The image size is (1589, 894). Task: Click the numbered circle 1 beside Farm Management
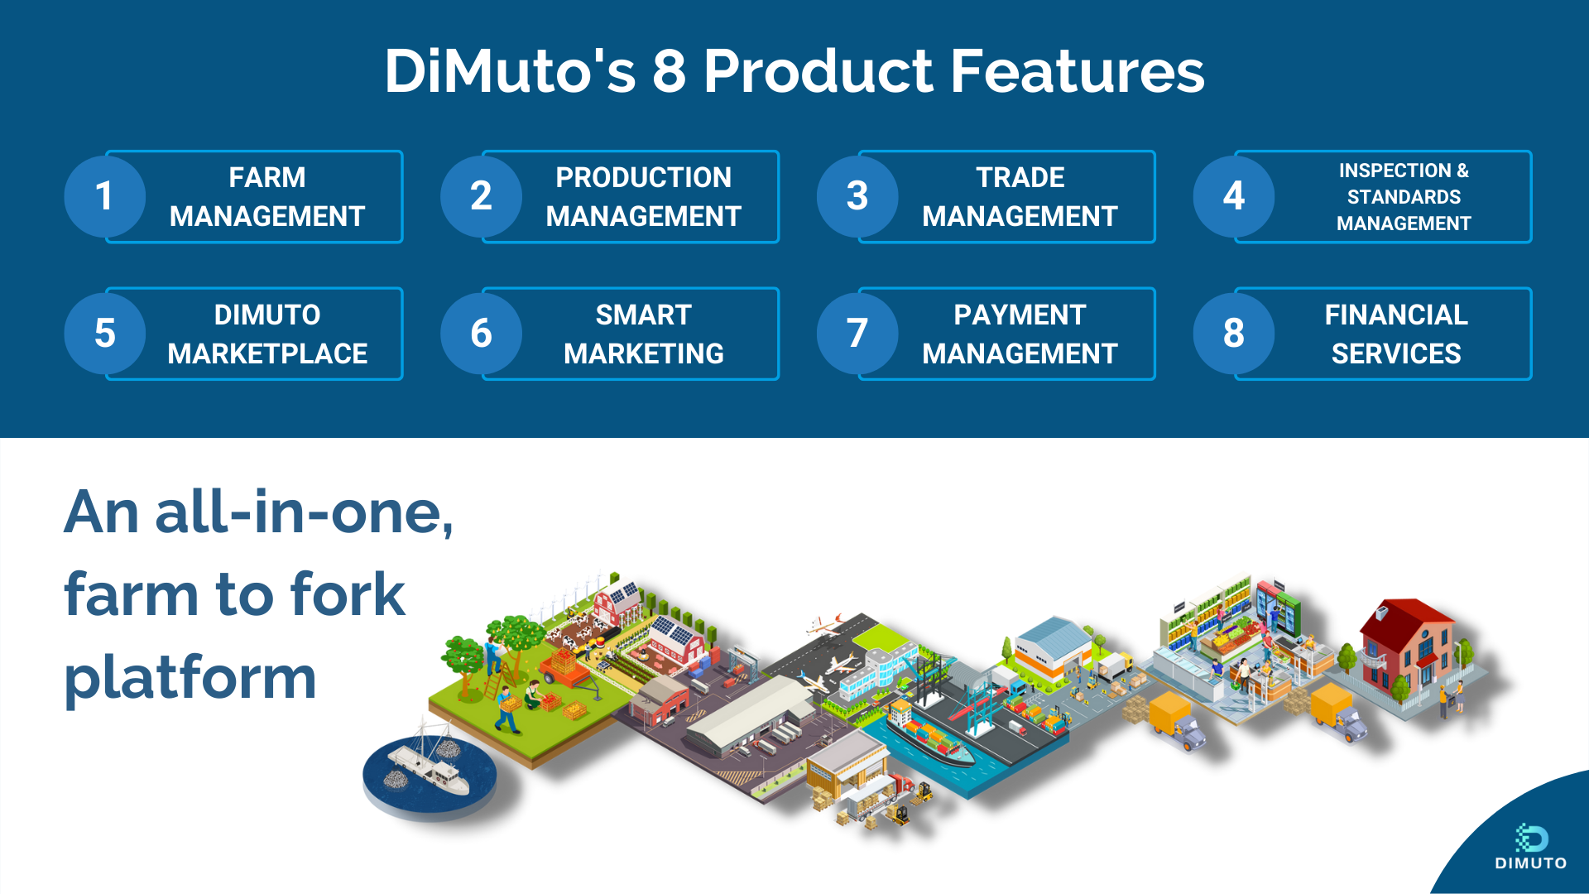coord(104,196)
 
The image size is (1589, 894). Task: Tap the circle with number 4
coord(1233,196)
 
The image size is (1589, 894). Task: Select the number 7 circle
coord(857,334)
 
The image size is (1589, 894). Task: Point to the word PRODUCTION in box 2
coord(643,177)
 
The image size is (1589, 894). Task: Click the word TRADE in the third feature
coord(1020,177)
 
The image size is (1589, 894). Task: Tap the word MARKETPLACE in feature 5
coord(267,353)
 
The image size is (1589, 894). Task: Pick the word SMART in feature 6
coord(643,315)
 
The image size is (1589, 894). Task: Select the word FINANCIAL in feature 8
coord(1395,315)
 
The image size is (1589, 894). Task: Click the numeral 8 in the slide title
coord(669,70)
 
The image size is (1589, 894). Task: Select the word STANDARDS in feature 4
coord(1404,197)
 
